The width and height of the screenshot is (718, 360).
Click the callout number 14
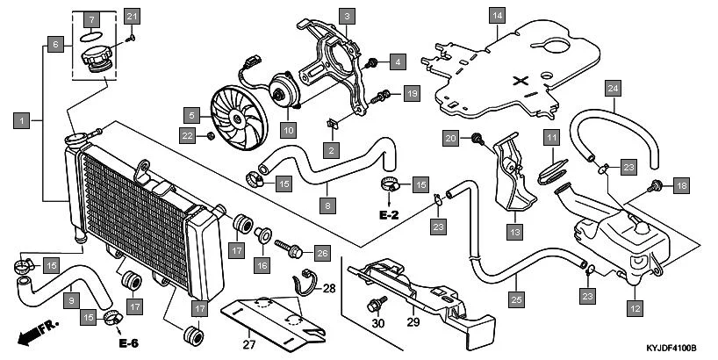point(498,16)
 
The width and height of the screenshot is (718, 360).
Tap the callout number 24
point(614,89)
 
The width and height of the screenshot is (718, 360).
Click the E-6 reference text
point(128,342)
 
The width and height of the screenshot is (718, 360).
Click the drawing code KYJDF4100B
point(663,349)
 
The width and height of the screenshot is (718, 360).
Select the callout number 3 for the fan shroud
point(348,16)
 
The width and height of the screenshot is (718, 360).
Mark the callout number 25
point(516,299)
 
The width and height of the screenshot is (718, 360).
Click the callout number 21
point(132,16)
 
